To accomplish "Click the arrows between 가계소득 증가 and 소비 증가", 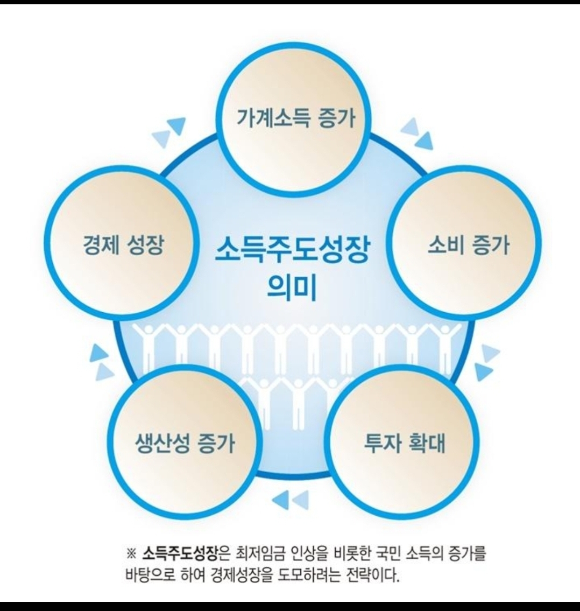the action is click(x=418, y=134).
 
